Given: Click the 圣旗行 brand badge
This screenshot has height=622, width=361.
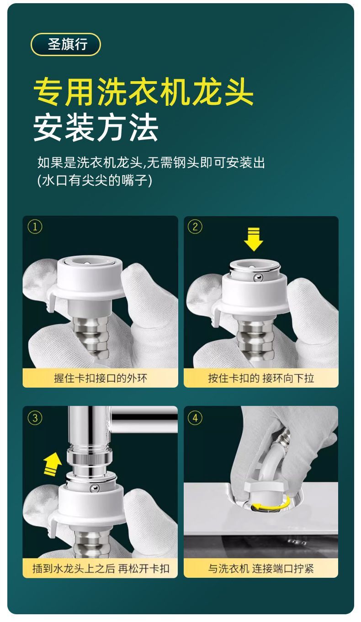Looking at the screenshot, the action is coord(65,44).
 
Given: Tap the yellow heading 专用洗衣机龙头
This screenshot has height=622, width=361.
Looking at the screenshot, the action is coord(143,92).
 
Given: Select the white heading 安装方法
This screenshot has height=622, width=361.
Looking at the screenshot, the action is coord(96,128).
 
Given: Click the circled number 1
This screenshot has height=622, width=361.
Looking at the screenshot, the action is coord(35,227).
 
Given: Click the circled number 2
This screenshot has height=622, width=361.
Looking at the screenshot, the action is coord(195,227).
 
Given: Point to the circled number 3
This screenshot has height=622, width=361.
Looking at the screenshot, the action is coord(35,418).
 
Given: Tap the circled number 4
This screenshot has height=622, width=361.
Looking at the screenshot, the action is coord(195,418).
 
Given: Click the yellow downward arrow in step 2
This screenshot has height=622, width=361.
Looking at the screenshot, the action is coord(253,239).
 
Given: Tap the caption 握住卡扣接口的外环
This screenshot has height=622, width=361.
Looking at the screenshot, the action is coord(100,378).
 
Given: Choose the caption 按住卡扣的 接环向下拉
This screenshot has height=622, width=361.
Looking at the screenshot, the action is coord(261,378).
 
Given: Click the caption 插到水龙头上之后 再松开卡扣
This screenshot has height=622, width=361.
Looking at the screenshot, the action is coord(101,568).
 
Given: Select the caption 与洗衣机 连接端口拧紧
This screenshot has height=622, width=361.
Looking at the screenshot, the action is coord(261,568).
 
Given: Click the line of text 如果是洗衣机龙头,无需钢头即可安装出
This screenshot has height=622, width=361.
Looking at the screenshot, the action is coord(151,162).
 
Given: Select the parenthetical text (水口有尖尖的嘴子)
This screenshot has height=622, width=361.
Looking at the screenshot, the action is coord(95,180).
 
